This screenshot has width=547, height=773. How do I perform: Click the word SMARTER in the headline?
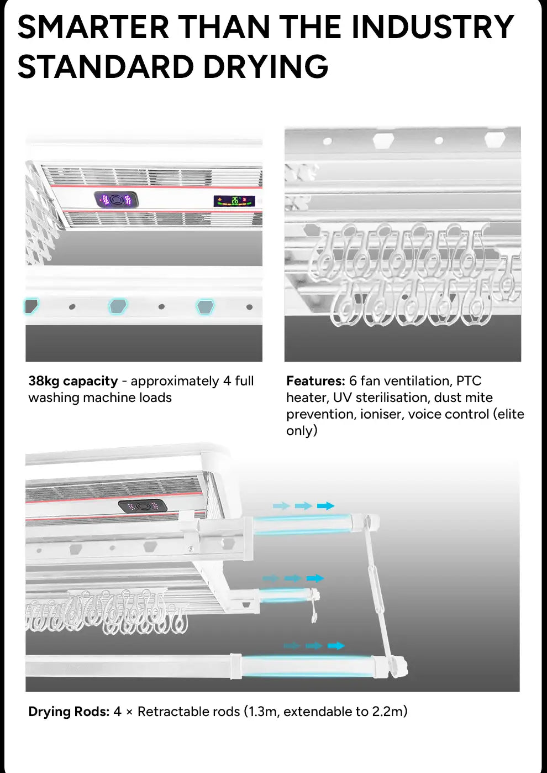(93, 27)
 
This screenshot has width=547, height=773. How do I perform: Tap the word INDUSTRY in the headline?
(433, 27)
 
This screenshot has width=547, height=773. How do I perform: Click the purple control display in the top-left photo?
(116, 200)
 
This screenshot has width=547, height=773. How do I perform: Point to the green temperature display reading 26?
(234, 201)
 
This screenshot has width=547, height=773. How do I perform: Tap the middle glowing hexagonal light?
(118, 306)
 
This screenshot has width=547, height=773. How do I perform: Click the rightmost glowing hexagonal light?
(206, 306)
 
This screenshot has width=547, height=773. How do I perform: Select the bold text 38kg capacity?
(73, 381)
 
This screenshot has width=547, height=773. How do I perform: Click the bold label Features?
(315, 381)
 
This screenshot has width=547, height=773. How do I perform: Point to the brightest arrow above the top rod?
(326, 505)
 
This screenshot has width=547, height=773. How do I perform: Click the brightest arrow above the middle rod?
(315, 578)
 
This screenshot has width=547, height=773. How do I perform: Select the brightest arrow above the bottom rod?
(336, 646)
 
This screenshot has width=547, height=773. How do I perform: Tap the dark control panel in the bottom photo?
(143, 505)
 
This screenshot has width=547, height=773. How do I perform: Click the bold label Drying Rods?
(69, 712)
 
